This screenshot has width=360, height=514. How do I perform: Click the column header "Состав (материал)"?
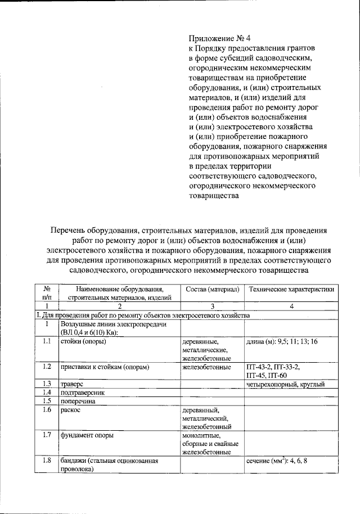212,289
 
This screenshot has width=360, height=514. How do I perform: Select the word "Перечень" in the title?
68,231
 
